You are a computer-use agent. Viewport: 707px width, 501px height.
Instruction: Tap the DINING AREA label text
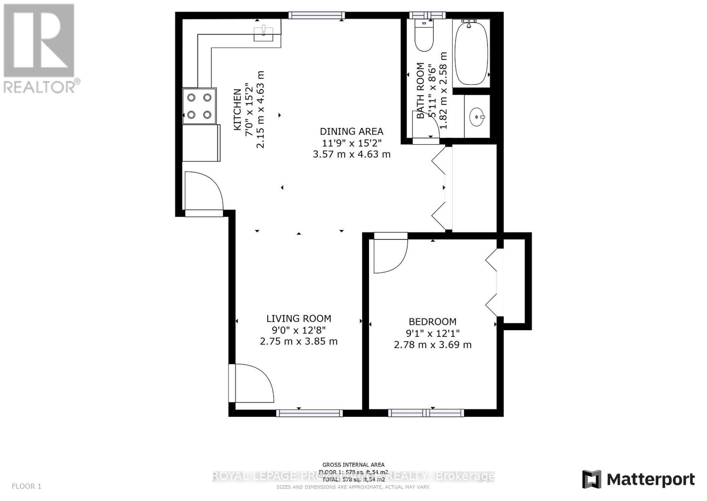tap(351, 131)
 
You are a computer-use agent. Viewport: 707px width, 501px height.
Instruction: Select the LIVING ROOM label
tap(299, 319)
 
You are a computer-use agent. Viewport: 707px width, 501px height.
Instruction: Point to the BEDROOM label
tap(432, 322)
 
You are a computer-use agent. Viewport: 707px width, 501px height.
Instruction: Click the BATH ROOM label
tap(420, 91)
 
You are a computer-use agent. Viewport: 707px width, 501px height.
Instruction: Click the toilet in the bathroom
tap(425, 36)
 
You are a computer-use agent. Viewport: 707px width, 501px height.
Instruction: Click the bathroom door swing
tap(427, 125)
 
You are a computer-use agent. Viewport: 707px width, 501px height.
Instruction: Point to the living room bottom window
tap(309, 413)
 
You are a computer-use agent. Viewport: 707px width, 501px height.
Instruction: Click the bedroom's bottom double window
tap(426, 413)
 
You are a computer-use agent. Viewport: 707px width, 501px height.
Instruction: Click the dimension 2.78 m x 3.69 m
tap(432, 345)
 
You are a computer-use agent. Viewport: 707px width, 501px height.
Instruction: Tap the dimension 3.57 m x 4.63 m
tap(351, 154)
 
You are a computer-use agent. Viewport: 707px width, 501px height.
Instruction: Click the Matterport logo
tap(639, 479)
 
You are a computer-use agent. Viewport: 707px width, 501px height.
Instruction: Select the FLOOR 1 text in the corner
tap(27, 486)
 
